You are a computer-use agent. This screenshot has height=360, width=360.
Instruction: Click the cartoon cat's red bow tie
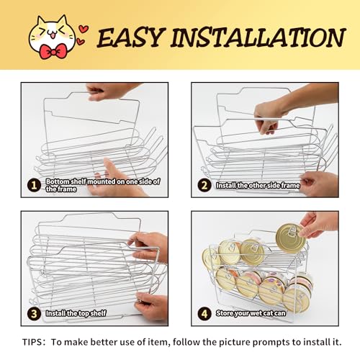[53, 51]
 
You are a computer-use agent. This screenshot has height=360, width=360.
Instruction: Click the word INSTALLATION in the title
[258, 37]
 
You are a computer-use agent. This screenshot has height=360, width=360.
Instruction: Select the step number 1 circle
[35, 185]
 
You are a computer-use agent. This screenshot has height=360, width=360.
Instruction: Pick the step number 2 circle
[204, 185]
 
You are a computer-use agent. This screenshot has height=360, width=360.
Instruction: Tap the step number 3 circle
[35, 314]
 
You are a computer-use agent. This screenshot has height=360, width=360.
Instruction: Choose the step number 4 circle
[204, 314]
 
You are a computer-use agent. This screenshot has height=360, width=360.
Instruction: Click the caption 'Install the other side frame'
[258, 185]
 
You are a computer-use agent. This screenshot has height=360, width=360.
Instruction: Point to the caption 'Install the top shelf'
[76, 313]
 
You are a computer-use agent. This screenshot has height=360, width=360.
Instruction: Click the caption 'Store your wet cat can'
[251, 313]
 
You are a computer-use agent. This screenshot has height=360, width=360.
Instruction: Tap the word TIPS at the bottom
[31, 342]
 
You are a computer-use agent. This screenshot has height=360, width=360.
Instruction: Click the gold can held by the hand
[291, 238]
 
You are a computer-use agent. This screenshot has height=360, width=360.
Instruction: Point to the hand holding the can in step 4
[319, 225]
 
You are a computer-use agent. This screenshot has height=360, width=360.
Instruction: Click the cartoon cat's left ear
[40, 22]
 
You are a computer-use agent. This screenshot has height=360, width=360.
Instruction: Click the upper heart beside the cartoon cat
[84, 29]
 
